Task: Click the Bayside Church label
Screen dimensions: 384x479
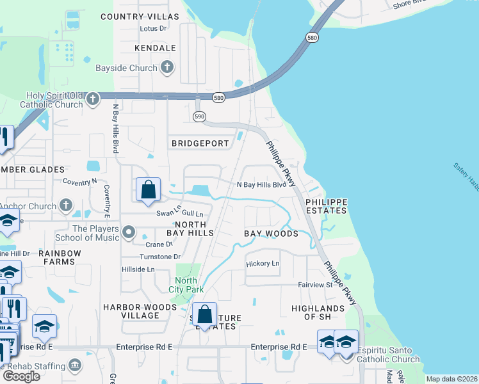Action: click(126, 68)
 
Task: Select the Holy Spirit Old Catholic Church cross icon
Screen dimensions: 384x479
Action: click(93, 99)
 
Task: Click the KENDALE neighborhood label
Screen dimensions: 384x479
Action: click(156, 48)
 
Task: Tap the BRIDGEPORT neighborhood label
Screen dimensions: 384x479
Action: click(200, 143)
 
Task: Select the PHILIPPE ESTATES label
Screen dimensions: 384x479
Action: click(327, 206)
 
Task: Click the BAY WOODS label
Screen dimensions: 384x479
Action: click(272, 234)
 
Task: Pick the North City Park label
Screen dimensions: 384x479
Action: click(186, 285)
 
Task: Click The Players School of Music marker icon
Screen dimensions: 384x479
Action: click(129, 232)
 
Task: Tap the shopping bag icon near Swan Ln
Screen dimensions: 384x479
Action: click(148, 189)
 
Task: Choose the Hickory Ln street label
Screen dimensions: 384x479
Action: click(263, 264)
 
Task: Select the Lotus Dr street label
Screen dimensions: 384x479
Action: click(153, 29)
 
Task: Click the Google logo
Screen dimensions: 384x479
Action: click(21, 376)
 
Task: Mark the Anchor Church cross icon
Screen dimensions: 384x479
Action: click(65, 205)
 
